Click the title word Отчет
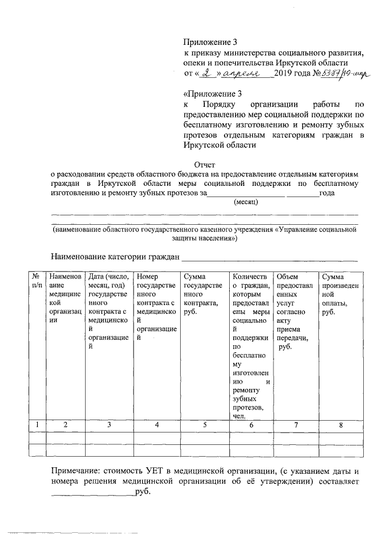204,165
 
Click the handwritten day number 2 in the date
206,74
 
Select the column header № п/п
37,281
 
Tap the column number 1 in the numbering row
37,424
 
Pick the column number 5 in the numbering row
204,424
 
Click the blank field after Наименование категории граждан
269,258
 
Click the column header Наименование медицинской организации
65,299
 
